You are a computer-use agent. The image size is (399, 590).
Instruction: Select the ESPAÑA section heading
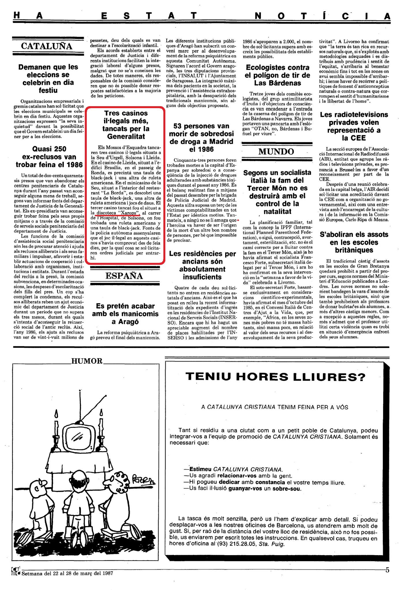coord(124,276)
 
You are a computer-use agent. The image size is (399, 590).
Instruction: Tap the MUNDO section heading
coord(276,152)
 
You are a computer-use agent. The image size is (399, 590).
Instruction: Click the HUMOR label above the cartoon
coord(87,361)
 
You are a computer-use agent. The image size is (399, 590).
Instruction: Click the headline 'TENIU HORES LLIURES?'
coord(275,376)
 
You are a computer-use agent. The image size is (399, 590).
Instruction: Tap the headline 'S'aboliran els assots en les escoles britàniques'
coord(354,242)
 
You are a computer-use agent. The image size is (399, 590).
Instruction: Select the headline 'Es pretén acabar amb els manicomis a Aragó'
coord(125,314)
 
